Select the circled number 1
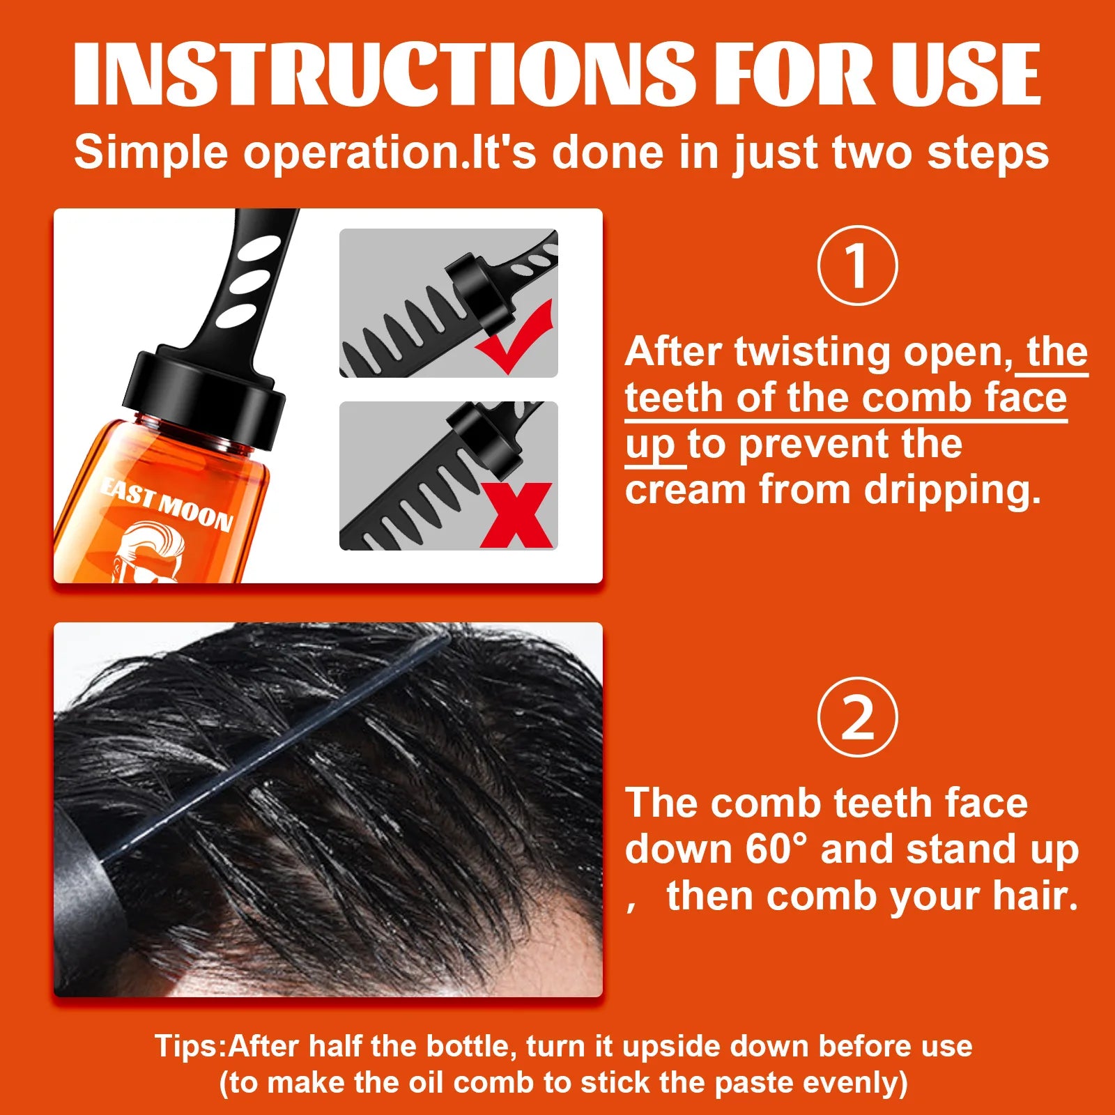coord(857,266)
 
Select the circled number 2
coord(857,717)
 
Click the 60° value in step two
coord(775,849)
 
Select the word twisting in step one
coord(812,353)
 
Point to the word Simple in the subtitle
coord(151,152)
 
